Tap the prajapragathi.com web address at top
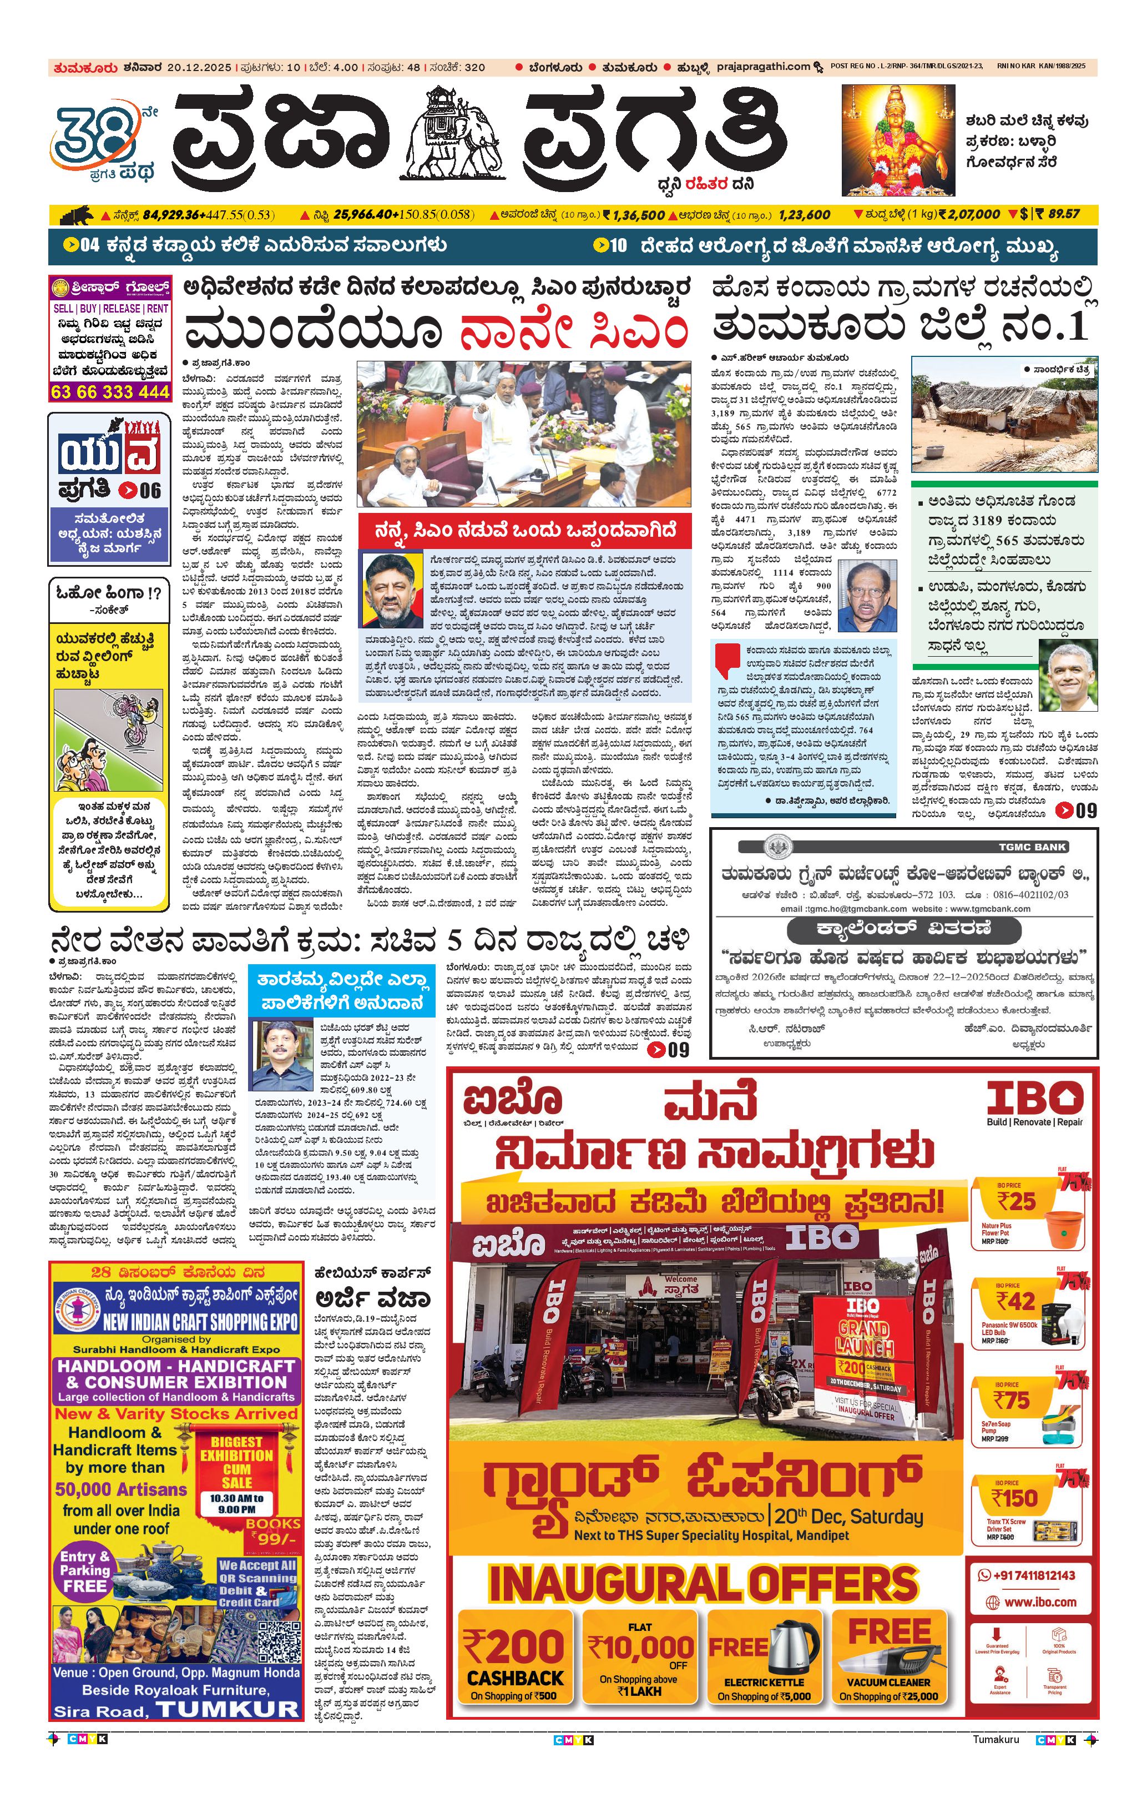pyautogui.click(x=763, y=67)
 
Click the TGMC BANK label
pyautogui.click(x=1033, y=847)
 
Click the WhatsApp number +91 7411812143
pyautogui.click(x=1033, y=1575)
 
